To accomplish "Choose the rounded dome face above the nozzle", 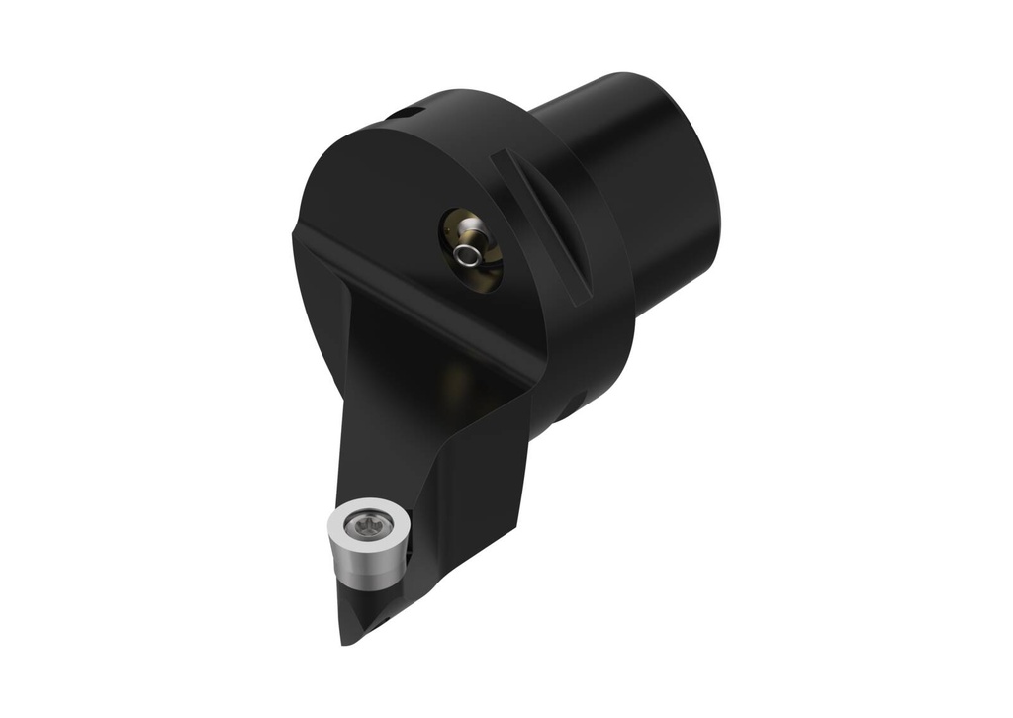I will click(x=396, y=178).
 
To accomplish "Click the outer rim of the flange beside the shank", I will click(x=594, y=326).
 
